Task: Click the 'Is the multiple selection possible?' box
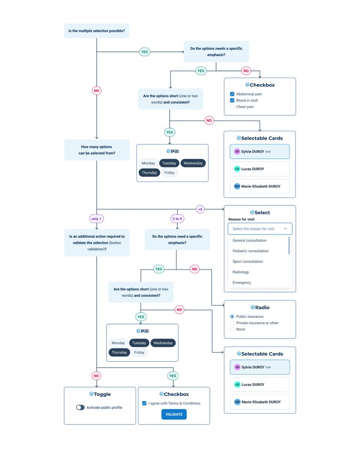coord(97,30)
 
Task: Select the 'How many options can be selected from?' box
coord(97,150)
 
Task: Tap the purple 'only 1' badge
coord(97,219)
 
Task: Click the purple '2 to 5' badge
coord(177,219)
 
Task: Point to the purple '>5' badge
coord(200,209)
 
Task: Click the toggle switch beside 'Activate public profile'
coord(80,408)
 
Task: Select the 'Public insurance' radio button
coord(232,316)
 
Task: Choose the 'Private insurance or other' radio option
coord(232,323)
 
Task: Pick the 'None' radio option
coord(232,329)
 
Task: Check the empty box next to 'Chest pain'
coord(232,107)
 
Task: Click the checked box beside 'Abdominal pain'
coord(232,94)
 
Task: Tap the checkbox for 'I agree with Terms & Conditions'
coord(144,403)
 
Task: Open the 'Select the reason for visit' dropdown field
coord(259,229)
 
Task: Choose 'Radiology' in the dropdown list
coord(241,272)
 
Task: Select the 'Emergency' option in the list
coord(242,283)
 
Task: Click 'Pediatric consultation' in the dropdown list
coord(250,251)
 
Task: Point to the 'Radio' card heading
coord(259,307)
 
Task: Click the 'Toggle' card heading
coord(100,394)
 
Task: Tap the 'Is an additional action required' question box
coord(97,243)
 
